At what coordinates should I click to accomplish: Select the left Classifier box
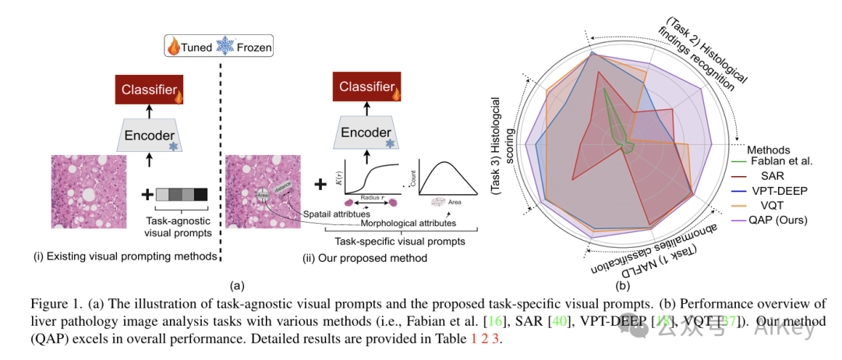pyautogui.click(x=149, y=90)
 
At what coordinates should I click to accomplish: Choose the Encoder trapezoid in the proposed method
pyautogui.click(x=366, y=133)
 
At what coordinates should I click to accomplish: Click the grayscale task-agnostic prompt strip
pyautogui.click(x=181, y=194)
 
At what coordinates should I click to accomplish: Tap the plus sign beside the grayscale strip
pyautogui.click(x=147, y=194)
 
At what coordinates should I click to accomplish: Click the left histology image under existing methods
pyautogui.click(x=88, y=195)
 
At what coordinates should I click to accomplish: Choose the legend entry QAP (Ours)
pyautogui.click(x=780, y=219)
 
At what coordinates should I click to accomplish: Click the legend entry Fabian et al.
pyautogui.click(x=780, y=161)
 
